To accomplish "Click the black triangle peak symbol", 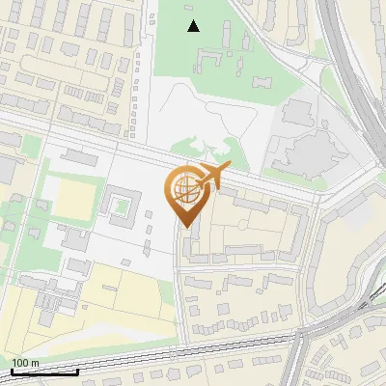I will pos(194,26).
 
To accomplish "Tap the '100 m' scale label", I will pos(25,363).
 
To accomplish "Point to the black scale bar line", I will pos(44,372).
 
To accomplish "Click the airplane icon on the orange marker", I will pos(213,175).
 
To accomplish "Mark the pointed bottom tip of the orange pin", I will pos(184,227).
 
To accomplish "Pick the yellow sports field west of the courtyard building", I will pos(70,199).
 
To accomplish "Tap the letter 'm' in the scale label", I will pos(35,363).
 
